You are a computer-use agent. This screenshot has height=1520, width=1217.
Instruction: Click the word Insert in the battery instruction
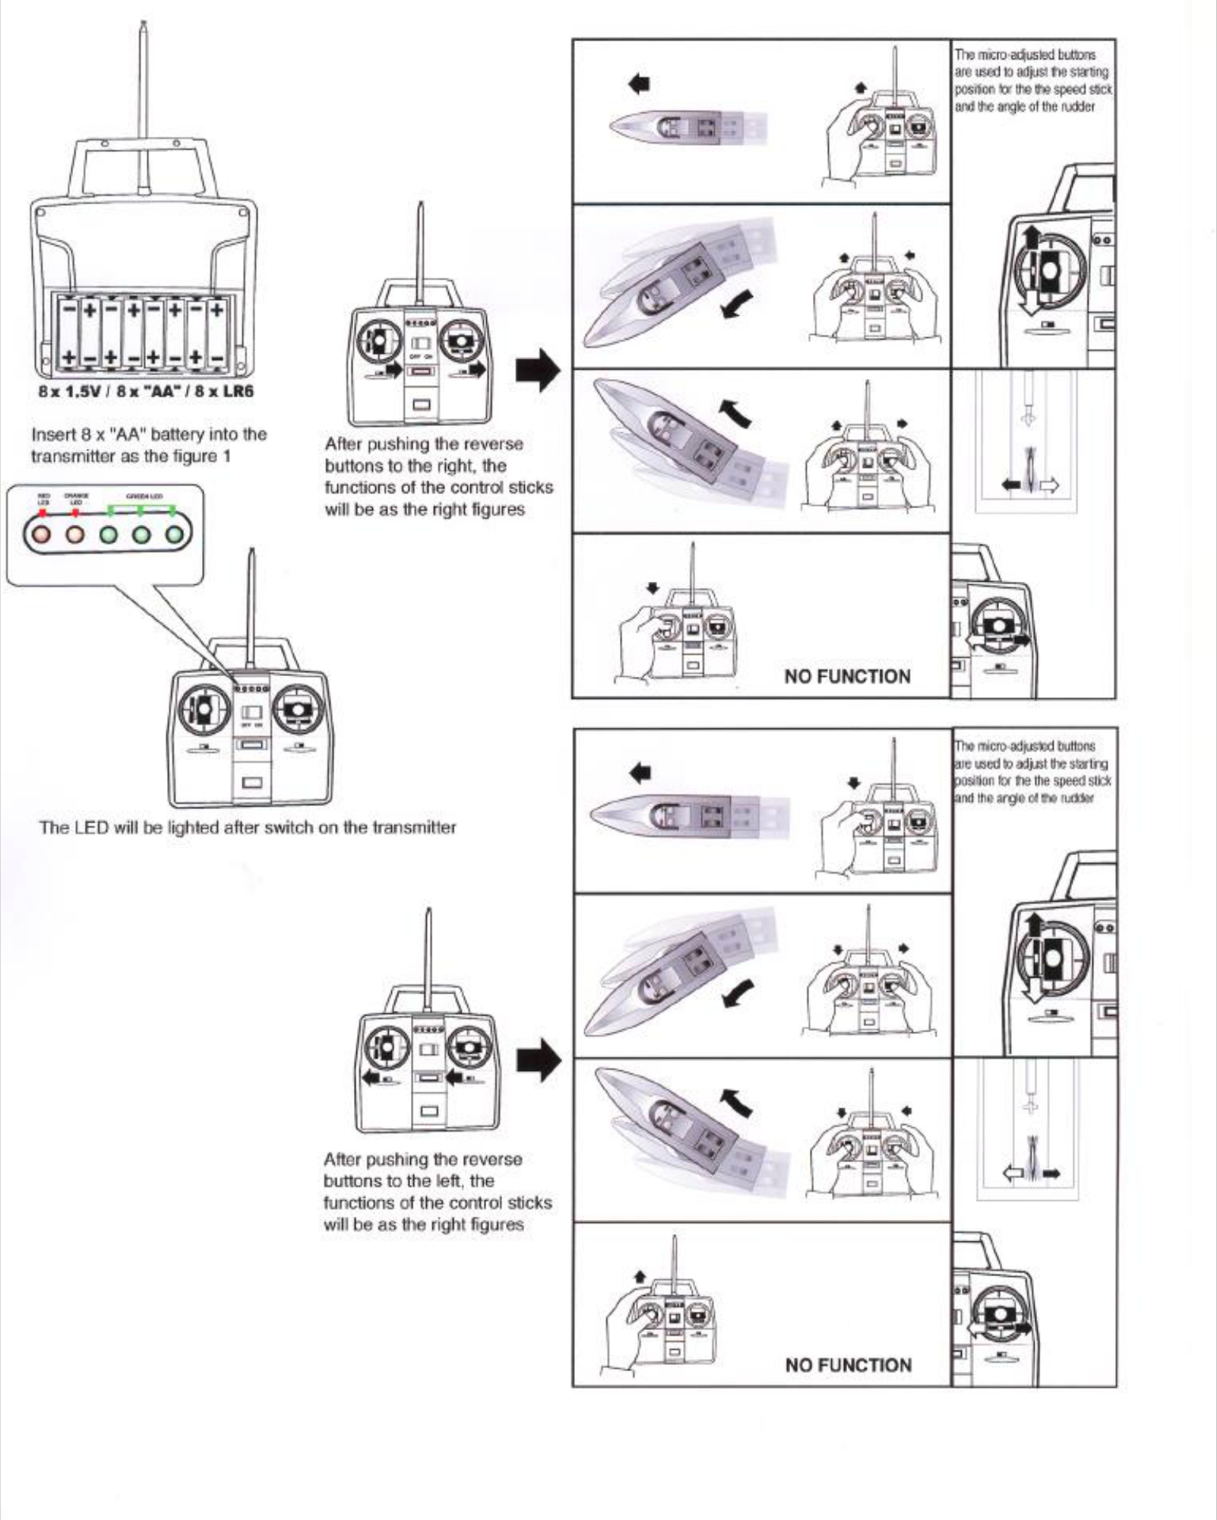(49, 435)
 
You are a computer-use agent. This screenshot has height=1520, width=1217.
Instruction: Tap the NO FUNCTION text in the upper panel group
(847, 676)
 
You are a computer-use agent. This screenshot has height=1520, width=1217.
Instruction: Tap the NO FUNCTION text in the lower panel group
(848, 1365)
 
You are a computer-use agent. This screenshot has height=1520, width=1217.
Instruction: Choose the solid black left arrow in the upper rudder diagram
(1012, 485)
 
